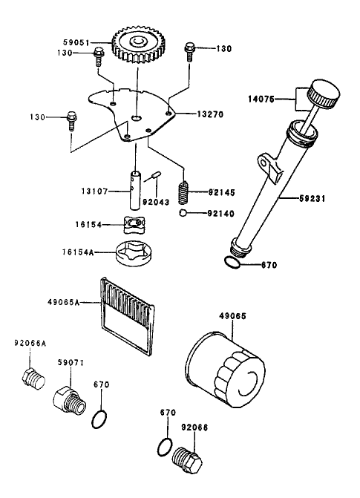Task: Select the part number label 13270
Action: point(211,115)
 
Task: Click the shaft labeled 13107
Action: point(137,191)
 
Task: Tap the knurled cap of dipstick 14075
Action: point(324,94)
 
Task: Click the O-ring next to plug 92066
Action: point(167,446)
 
